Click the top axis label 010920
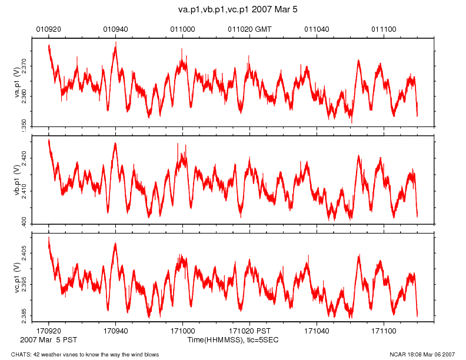48,28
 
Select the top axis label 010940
115,28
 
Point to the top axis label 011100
384,28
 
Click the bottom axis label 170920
48,332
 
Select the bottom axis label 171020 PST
249,332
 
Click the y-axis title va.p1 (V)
17,82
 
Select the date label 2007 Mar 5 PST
48,340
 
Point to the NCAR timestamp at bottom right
422,354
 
